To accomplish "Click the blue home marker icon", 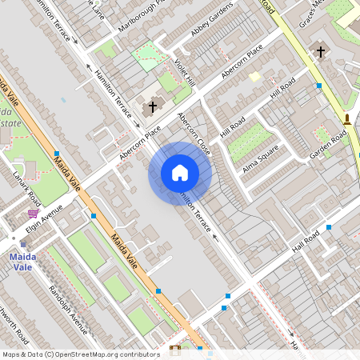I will [x=180, y=173].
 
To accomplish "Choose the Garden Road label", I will [x=331, y=144].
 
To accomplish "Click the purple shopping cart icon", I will [x=33, y=214].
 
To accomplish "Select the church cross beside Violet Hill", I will [x=152, y=106].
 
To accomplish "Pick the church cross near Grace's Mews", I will [x=321, y=52].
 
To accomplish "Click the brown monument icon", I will [x=347, y=120].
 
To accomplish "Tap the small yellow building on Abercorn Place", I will [x=254, y=77].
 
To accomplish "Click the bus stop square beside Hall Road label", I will [x=329, y=228].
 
